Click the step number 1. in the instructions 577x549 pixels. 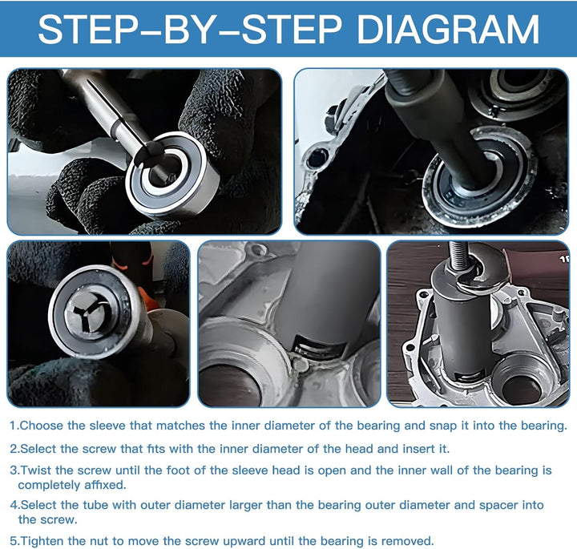point(15,426)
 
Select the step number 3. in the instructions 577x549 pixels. point(15,470)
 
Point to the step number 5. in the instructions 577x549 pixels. point(15,541)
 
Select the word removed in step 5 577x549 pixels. point(409,541)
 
